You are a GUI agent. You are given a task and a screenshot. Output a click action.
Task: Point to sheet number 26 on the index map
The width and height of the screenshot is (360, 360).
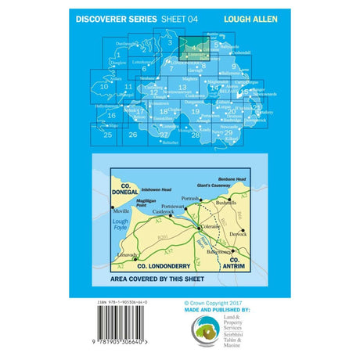(133, 135)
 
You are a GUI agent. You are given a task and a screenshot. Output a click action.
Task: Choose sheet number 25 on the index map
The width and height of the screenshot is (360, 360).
(107, 135)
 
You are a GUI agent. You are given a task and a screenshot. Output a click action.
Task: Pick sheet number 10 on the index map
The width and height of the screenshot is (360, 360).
(115, 87)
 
